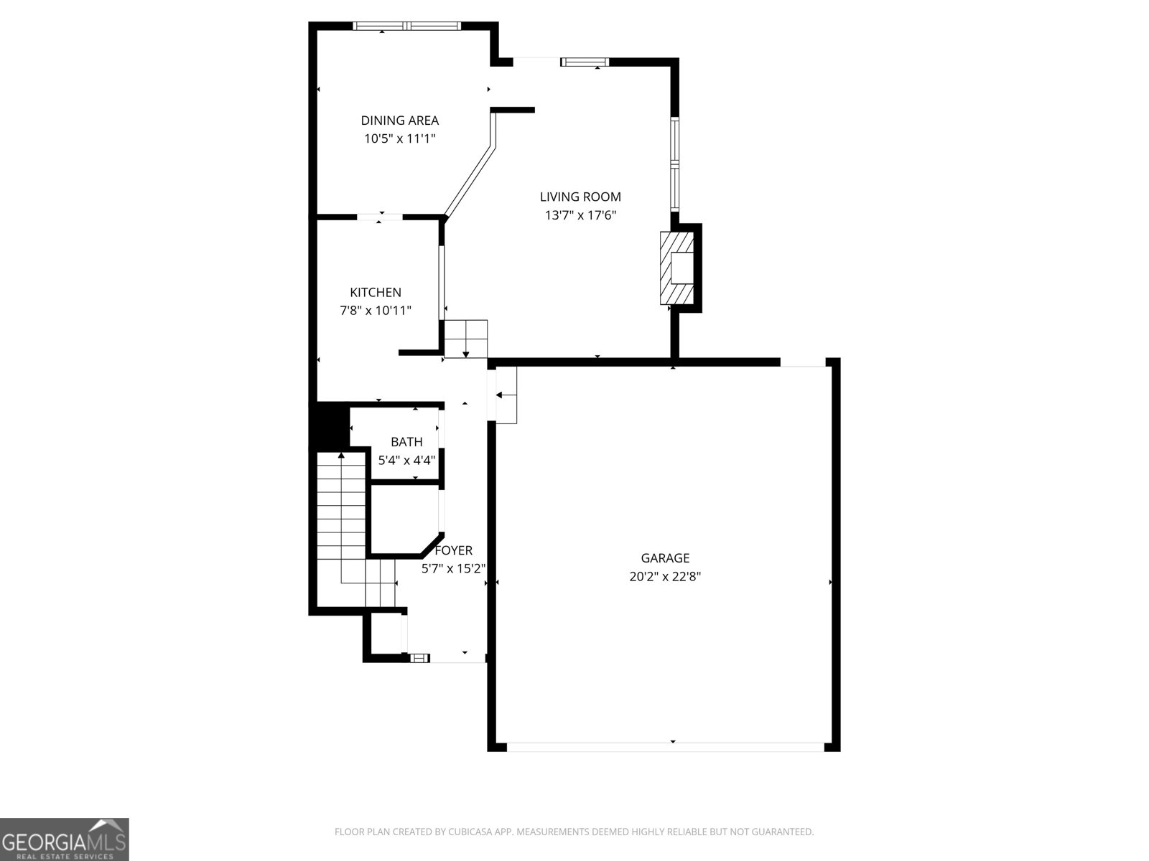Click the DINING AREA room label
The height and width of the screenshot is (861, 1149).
pos(399,121)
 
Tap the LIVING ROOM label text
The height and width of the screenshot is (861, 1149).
pos(580,197)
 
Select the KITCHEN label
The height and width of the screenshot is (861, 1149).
pos(376,292)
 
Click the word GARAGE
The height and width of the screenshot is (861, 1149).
pos(665,557)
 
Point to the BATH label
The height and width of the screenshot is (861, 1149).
pos(406,442)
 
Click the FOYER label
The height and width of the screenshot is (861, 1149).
pos(454,550)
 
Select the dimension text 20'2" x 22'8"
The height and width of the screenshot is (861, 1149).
pos(665,576)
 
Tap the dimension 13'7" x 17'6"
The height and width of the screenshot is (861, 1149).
pos(580,215)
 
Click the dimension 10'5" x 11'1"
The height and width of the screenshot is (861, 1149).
pos(399,139)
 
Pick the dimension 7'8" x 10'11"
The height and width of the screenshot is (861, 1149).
pos(376,311)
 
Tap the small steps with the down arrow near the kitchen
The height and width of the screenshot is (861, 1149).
pos(465,338)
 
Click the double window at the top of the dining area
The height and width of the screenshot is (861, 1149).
pos(407,27)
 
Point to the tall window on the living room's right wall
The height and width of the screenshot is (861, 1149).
pos(675,163)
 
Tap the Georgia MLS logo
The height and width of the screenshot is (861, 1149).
pos(64,839)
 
